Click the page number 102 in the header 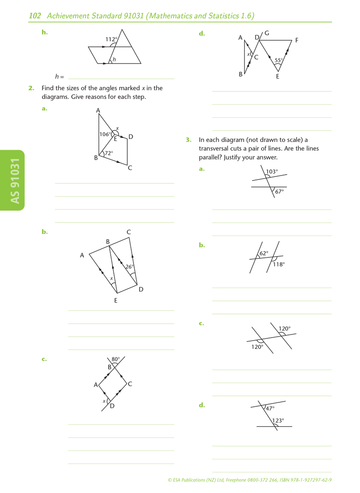pos(35,16)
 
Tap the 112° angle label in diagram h pos(111,39)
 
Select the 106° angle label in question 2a pos(105,134)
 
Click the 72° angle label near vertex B pos(108,153)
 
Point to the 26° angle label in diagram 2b pos(129,266)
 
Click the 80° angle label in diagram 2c pos(115,359)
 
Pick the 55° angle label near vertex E pos(279,60)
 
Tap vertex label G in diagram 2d pos(267,33)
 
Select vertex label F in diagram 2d pos(297,40)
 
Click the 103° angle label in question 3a pos(272,172)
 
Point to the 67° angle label pos(280,191)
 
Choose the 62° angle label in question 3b pos(263,253)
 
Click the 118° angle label pos(279,264)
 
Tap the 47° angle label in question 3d pos(270,408)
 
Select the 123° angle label pos(278,420)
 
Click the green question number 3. pos(188,140)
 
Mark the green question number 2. pos(31,88)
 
